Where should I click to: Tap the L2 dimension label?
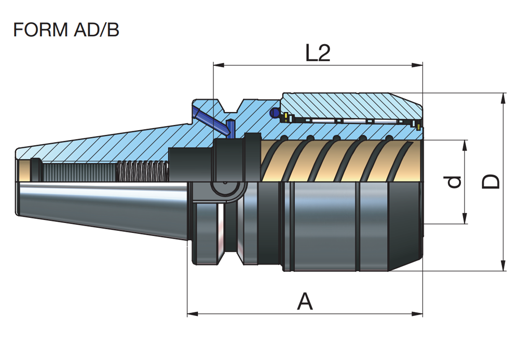coord(318,53)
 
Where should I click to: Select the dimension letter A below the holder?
coord(305,301)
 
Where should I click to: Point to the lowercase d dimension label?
coord(454,182)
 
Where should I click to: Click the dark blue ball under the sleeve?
coord(275,113)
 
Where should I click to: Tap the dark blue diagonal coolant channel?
coord(208,120)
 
